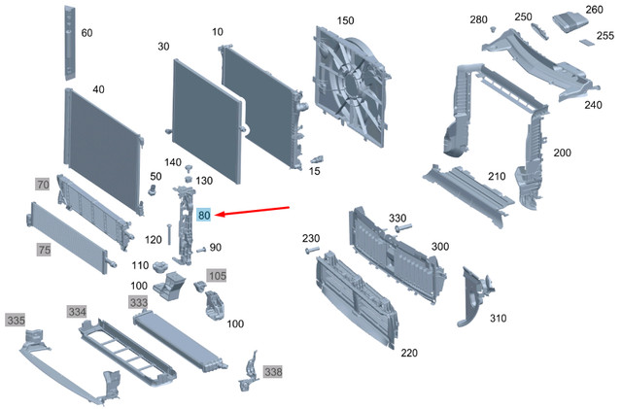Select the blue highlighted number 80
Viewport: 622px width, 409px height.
point(204,215)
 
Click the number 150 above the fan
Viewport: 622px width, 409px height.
point(346,20)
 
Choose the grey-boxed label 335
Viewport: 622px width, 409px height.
point(16,320)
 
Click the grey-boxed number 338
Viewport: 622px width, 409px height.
point(273,372)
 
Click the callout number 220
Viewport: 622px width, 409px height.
point(409,353)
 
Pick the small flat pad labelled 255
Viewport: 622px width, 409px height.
point(587,42)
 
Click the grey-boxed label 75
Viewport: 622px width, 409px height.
point(44,250)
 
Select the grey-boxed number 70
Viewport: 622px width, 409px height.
point(42,184)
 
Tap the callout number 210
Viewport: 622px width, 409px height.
point(497,176)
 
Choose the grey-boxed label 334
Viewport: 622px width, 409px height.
point(78,311)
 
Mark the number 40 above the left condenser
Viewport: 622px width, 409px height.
point(98,89)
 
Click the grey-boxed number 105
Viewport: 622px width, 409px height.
point(216,277)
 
